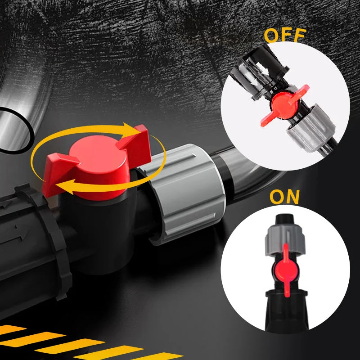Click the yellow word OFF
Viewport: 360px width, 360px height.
pos(285,36)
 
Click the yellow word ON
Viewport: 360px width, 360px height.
pos(285,197)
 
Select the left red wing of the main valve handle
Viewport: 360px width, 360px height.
pos(58,172)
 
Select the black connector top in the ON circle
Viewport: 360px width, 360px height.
pos(285,219)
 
